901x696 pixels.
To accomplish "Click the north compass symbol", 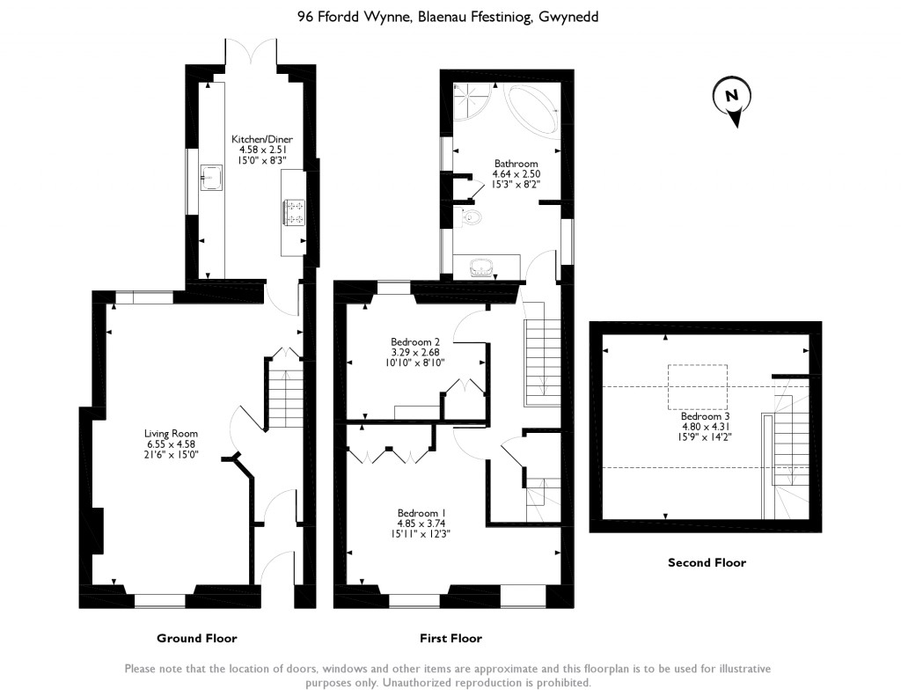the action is pos(731,98).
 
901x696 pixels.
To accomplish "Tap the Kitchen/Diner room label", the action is pos(261,139).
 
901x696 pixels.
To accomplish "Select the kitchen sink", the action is pos(211,177).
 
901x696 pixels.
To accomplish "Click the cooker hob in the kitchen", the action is pos(294,212).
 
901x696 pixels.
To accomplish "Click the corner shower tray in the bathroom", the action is pos(473,102).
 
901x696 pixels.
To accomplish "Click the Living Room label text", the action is pos(171,433).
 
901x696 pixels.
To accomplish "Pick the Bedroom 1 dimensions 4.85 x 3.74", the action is pos(421,524).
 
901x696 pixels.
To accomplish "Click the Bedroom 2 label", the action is pos(415,341).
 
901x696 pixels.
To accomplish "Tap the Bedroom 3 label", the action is pos(705,416).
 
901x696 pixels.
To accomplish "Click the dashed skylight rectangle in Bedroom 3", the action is pos(697,386).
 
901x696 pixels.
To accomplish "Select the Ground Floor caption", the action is pos(196,638).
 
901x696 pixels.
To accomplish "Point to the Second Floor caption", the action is pos(707,562).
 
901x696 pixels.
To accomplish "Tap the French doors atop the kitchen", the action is pos(252,52).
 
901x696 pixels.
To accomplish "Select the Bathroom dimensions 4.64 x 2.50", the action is pos(515,174).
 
